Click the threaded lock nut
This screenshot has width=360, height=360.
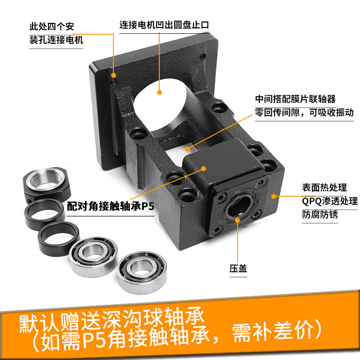[x=47, y=184]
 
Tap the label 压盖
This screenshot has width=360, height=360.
[x=238, y=268]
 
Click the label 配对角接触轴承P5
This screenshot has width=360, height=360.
[x=110, y=206]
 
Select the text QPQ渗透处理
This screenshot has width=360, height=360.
[x=330, y=201]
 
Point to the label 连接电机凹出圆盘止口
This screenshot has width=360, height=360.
[x=164, y=25]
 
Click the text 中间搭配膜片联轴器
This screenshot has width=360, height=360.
[x=295, y=99]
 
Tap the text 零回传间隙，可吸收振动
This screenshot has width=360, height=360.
[x=304, y=112]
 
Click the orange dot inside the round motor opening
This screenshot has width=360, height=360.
[x=160, y=93]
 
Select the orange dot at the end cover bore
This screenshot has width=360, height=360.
[x=238, y=220]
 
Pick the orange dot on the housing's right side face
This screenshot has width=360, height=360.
[x=274, y=196]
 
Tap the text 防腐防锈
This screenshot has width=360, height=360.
[x=320, y=215]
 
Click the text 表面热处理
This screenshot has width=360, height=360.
[x=324, y=187]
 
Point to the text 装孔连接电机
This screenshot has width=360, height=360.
[x=56, y=40]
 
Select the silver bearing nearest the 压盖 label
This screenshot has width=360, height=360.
[x=142, y=273]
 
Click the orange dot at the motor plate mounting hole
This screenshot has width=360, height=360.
[x=114, y=75]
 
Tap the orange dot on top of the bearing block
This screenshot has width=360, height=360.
[x=203, y=169]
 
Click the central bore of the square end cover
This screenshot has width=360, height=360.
[x=239, y=206]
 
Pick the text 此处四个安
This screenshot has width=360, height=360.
[x=52, y=27]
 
